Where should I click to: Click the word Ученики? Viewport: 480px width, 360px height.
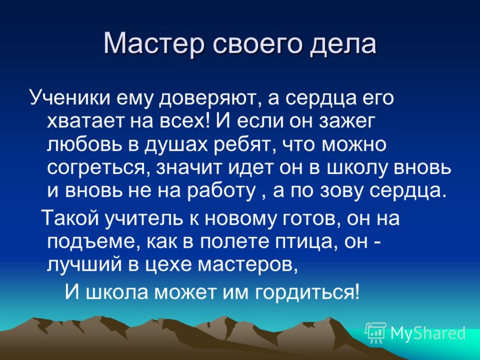pyautogui.click(x=70, y=98)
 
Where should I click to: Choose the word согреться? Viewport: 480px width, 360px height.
pyautogui.click(x=98, y=169)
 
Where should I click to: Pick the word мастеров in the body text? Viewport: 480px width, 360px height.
pyautogui.click(x=247, y=266)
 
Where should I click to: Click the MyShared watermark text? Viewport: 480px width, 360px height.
pyautogui.click(x=428, y=334)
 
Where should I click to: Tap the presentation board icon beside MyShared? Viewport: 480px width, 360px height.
pyautogui.click(x=376, y=332)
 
